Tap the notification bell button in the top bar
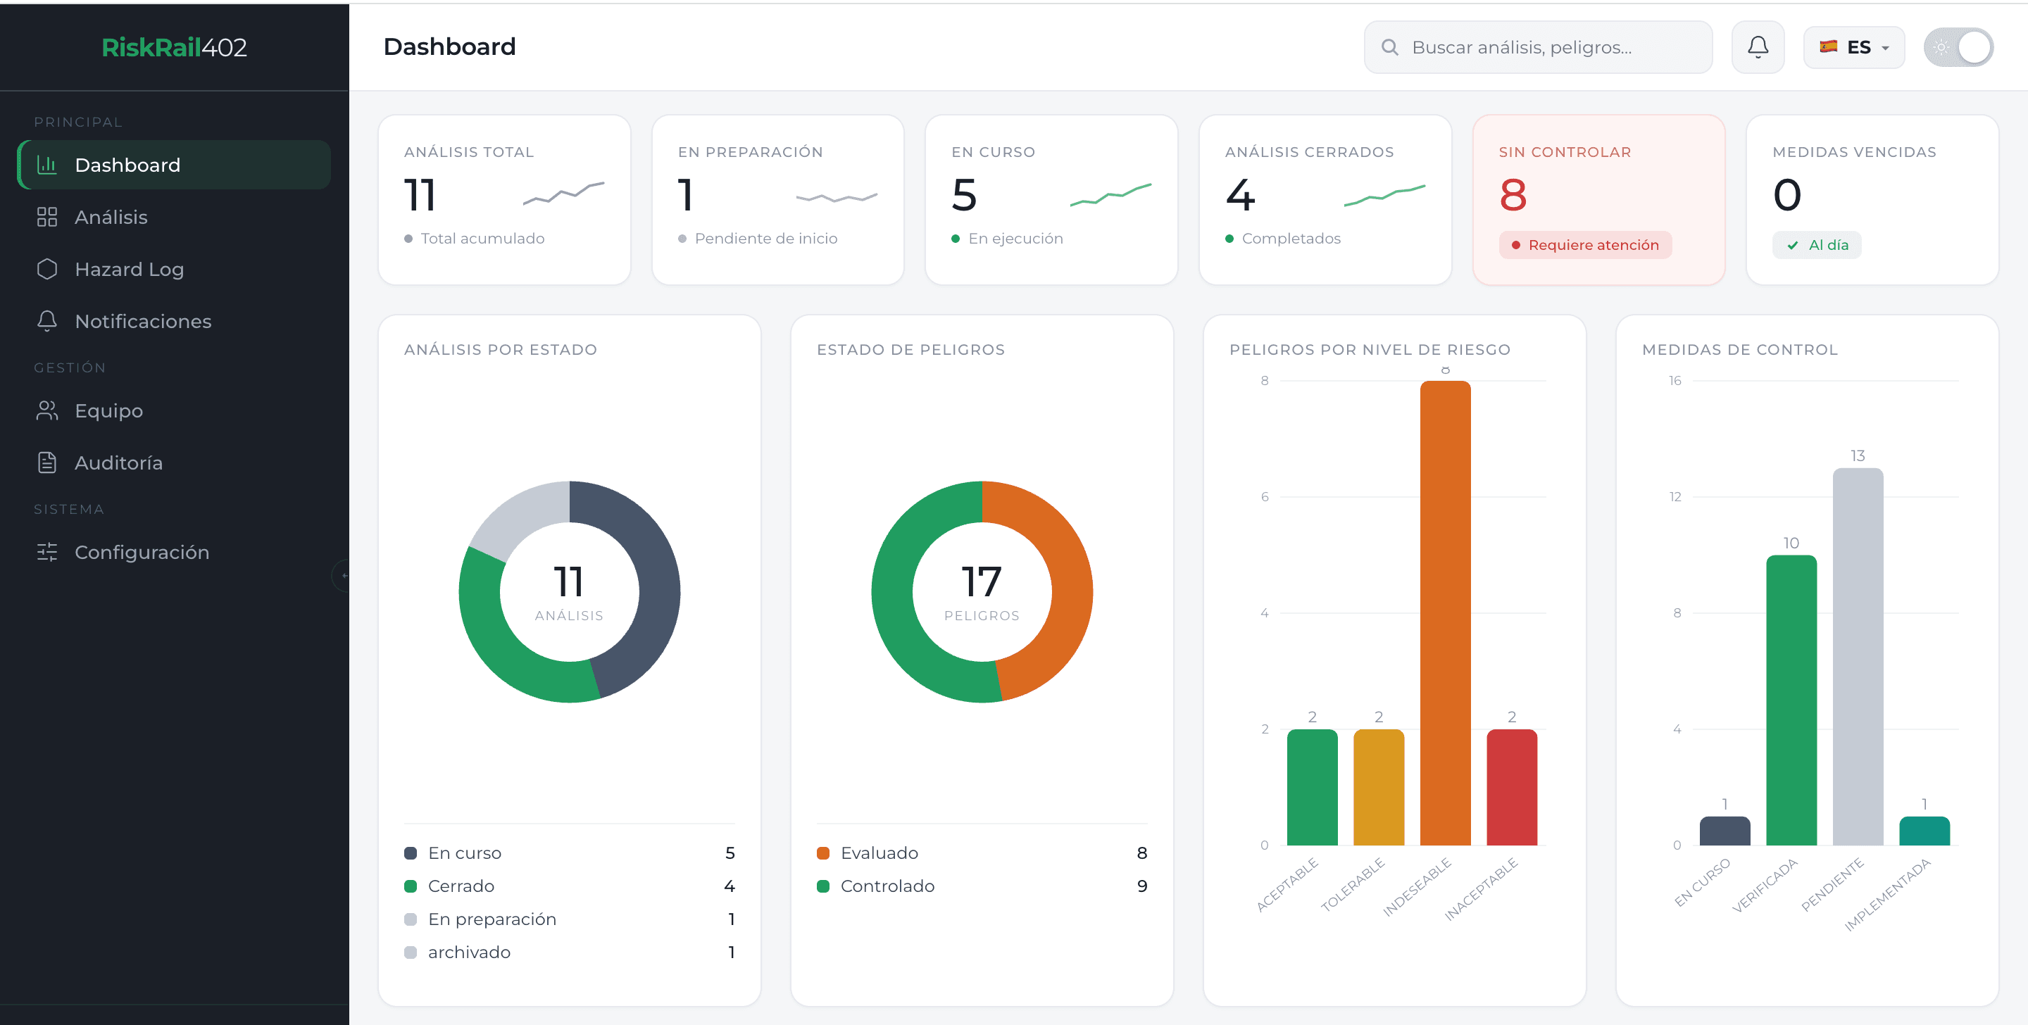(x=1757, y=47)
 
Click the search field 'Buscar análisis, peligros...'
(x=1537, y=47)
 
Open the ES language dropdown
(x=1853, y=47)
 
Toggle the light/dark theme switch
(x=1958, y=47)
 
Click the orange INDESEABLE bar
(x=1445, y=613)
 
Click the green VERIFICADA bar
(x=1791, y=700)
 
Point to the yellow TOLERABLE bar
(x=1379, y=787)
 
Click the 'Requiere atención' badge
(x=1585, y=245)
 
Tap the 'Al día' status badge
(x=1816, y=245)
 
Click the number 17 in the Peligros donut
(x=982, y=581)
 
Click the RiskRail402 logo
(x=174, y=47)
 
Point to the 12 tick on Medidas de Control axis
(x=1675, y=497)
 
